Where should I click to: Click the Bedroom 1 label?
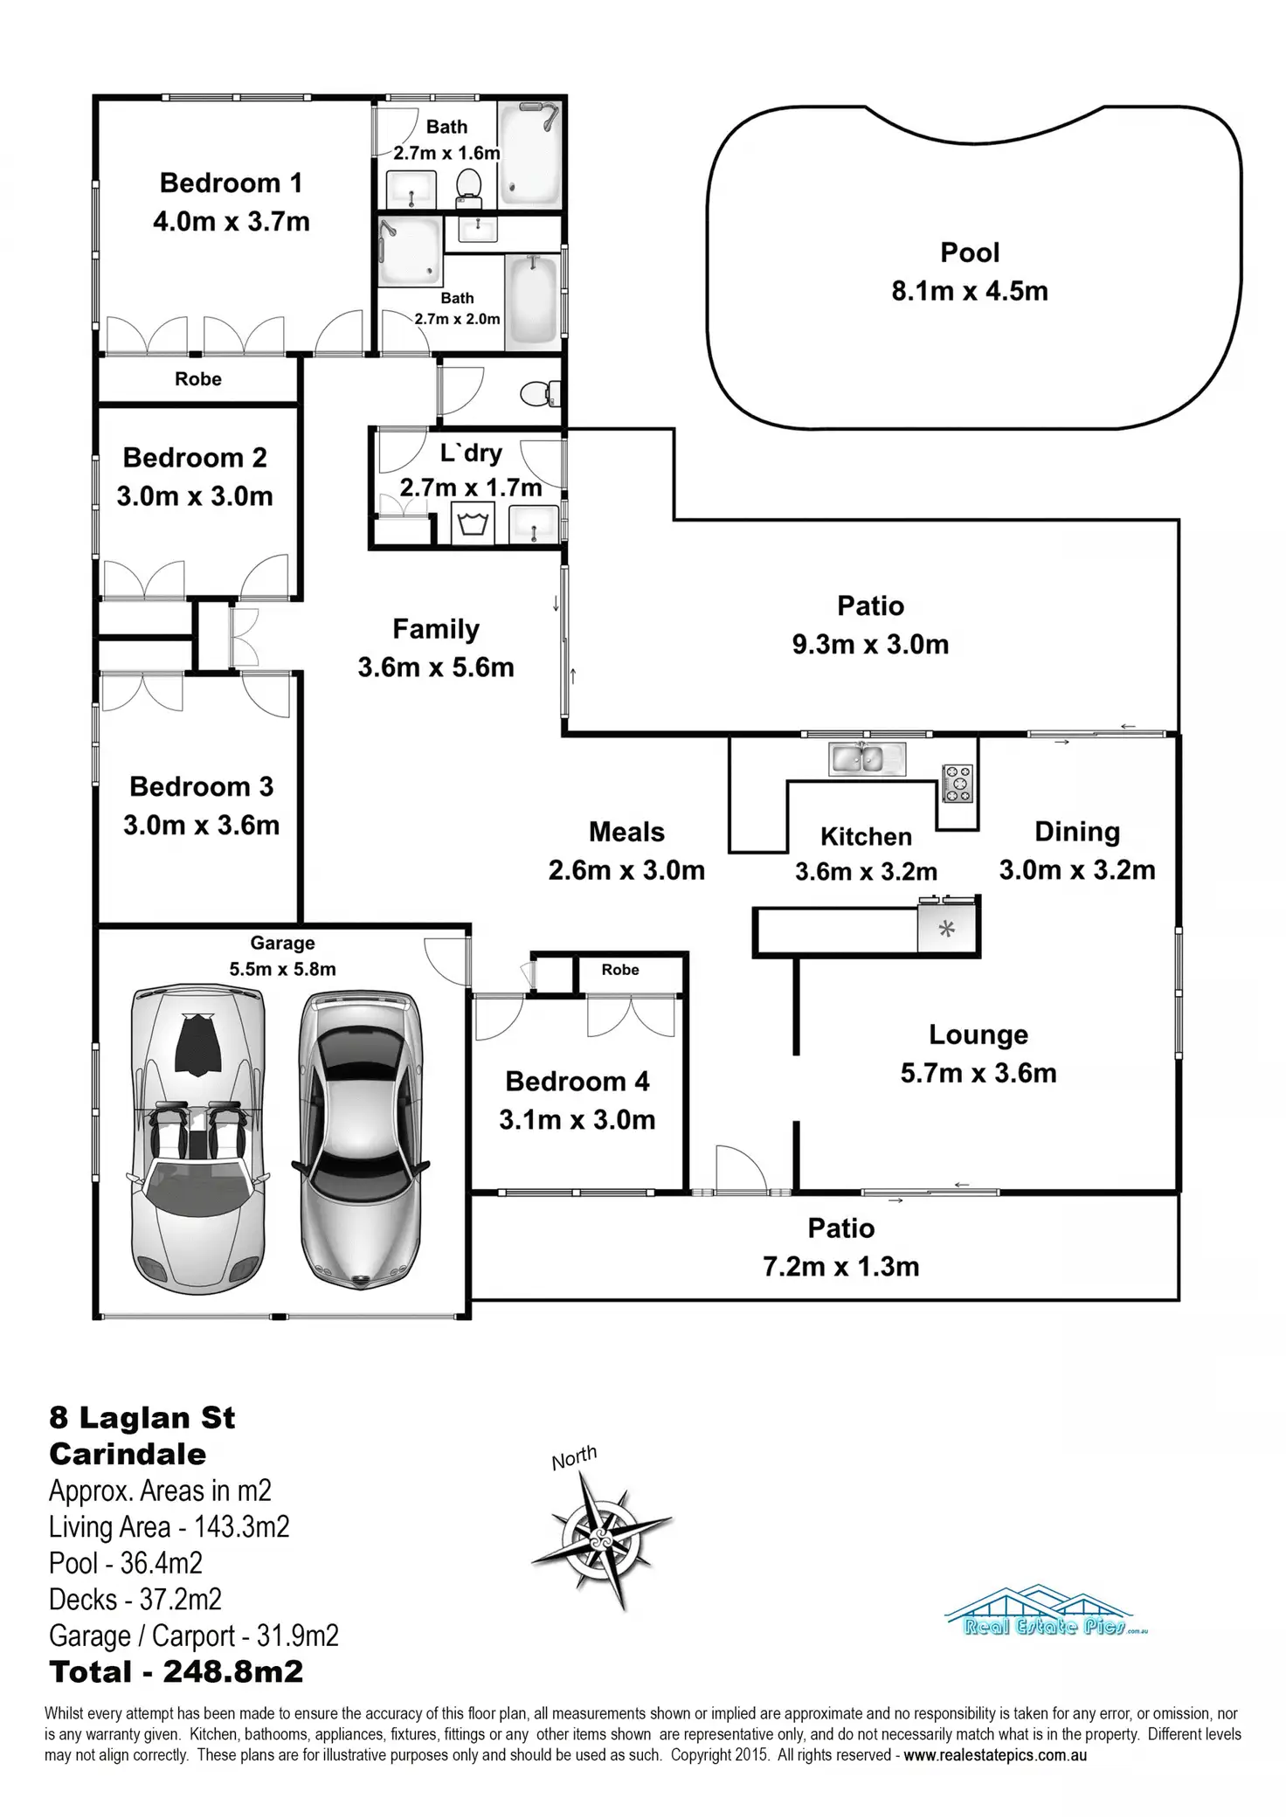click(231, 183)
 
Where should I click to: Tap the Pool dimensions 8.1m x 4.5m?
click(970, 291)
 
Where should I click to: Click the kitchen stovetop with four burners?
click(958, 782)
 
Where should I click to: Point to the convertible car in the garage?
click(197, 1140)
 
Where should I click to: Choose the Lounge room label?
click(978, 1034)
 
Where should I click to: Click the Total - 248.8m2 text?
click(176, 1671)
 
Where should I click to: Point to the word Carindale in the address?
click(128, 1454)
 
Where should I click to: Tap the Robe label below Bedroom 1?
click(198, 379)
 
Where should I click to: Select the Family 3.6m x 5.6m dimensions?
click(436, 667)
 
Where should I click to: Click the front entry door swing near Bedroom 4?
click(738, 1169)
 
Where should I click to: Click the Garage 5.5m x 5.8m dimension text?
click(282, 969)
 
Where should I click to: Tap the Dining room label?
click(1077, 832)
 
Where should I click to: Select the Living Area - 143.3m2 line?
click(169, 1526)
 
